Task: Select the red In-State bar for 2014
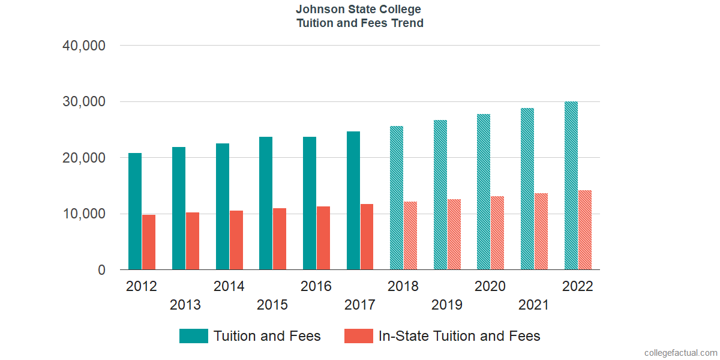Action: (236, 240)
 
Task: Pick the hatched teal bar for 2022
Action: (571, 185)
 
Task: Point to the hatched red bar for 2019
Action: (454, 235)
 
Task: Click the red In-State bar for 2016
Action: (323, 238)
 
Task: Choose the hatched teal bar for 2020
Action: (484, 192)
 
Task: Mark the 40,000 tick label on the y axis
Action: (84, 46)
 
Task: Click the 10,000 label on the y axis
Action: (84, 214)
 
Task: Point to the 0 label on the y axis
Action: (101, 271)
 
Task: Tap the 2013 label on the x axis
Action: (185, 305)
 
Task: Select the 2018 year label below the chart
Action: (403, 286)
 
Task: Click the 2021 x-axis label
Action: (534, 305)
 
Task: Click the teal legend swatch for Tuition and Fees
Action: (193, 336)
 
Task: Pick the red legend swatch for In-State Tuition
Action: (359, 336)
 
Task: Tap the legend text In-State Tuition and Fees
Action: (459, 336)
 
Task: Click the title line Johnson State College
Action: (359, 10)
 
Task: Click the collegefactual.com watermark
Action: (680, 353)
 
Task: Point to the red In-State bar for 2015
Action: (280, 239)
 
